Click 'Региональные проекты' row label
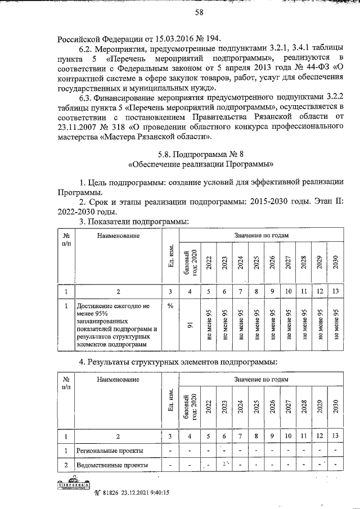pos(111,451)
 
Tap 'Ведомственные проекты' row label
pos(113,465)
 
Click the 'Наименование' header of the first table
pos(118,237)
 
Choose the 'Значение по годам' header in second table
pos(259,380)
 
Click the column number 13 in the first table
pos(335,291)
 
